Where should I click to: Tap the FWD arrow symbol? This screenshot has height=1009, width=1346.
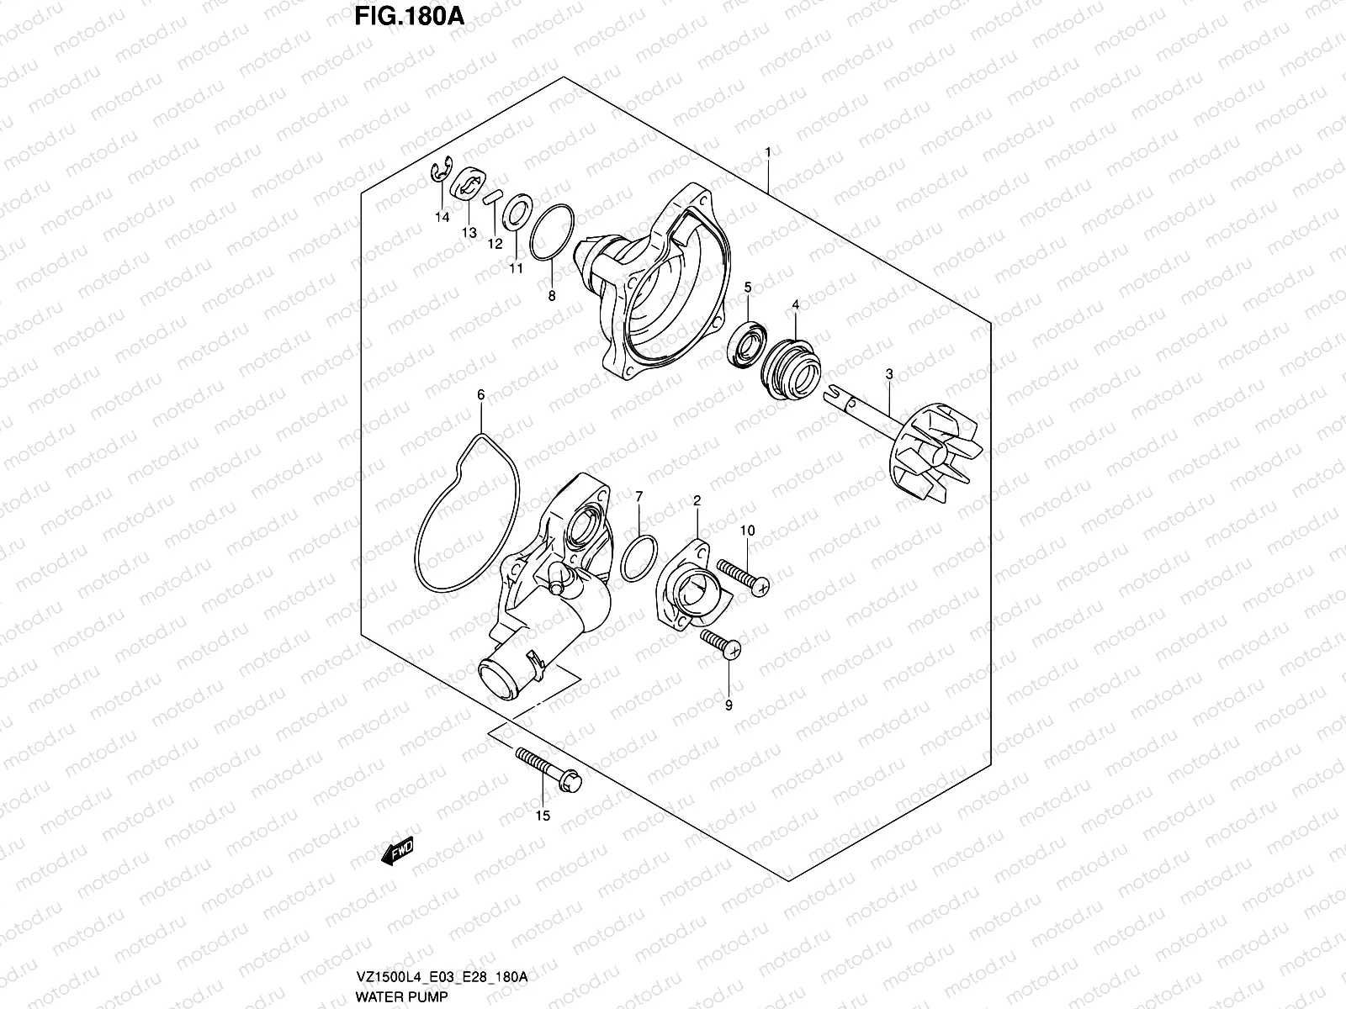tap(397, 854)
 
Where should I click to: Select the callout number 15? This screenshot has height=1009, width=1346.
tap(542, 816)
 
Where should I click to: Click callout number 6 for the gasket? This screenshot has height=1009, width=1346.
tap(481, 394)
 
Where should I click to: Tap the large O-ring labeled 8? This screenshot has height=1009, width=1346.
tap(552, 231)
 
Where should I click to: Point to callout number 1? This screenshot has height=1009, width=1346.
tap(767, 152)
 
